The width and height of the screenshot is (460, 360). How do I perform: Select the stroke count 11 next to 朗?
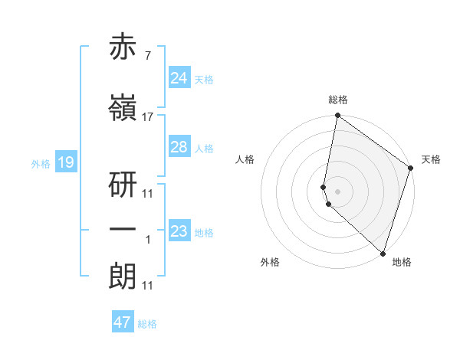coord(147,286)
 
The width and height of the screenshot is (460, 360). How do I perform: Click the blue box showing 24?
coord(179,78)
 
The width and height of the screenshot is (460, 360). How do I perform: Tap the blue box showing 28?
coord(179,147)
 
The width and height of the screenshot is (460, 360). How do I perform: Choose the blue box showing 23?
coord(179,231)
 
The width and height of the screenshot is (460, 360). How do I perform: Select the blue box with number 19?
coord(65,162)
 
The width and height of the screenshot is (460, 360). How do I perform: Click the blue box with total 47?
coord(123,322)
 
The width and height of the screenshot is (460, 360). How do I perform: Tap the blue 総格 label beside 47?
coord(147,324)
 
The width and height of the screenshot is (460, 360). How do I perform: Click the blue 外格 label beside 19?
coord(41,163)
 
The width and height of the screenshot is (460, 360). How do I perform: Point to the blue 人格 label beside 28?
coord(204,149)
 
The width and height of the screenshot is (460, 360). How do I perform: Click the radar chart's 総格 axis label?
coord(338,100)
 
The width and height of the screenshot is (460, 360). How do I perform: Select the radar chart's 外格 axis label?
coord(270,262)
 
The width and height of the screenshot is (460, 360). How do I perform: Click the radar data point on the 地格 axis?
coord(383,253)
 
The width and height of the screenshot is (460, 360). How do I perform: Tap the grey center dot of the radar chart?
coord(338,191)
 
